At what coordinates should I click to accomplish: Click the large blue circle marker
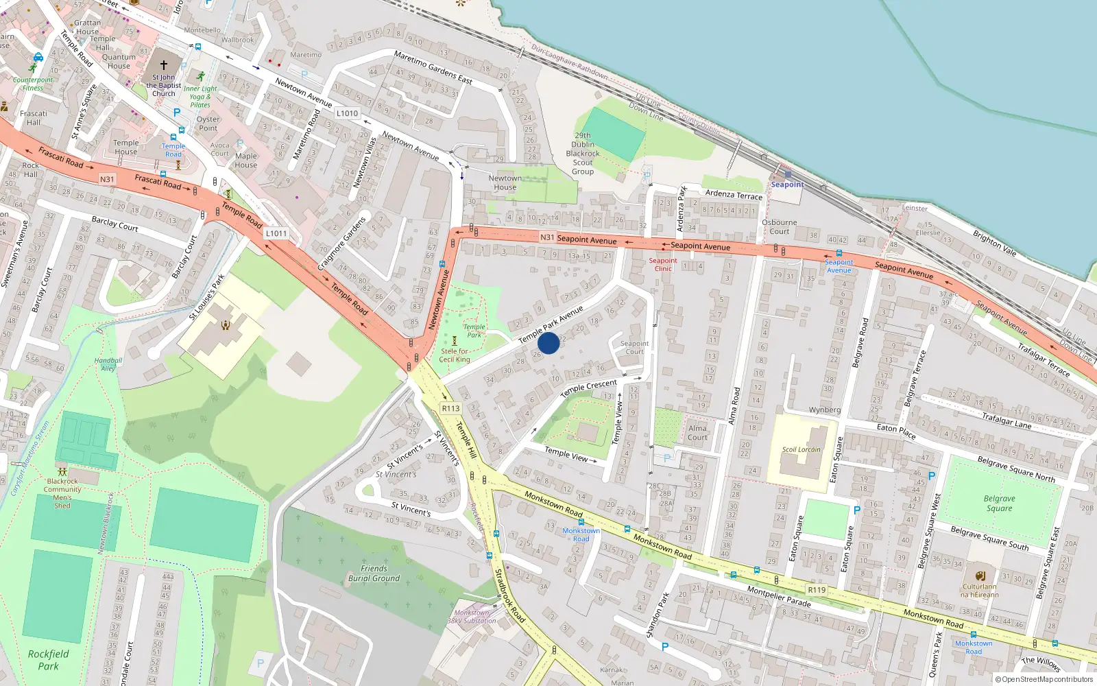[x=548, y=343]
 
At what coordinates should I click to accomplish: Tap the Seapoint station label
[x=786, y=185]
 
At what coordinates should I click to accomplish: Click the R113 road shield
[x=450, y=408]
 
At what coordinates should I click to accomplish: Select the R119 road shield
[x=817, y=590]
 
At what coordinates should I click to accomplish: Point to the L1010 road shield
[x=347, y=113]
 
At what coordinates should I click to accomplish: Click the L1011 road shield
[x=276, y=233]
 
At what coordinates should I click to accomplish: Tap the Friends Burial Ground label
[x=374, y=573]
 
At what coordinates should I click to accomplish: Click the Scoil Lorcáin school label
[x=801, y=450]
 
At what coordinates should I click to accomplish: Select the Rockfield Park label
[x=48, y=660]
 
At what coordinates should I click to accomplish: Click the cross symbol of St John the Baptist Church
[x=164, y=65]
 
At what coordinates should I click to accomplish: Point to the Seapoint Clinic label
[x=663, y=264]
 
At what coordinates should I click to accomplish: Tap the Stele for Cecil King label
[x=455, y=355]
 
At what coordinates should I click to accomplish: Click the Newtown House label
[x=505, y=182]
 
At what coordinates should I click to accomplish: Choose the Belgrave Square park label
[x=999, y=504]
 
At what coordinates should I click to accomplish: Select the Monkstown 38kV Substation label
[x=472, y=617]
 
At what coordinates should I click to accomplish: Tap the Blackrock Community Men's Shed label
[x=62, y=493]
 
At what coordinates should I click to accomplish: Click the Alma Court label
[x=697, y=432]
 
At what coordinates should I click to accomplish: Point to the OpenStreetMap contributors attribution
[x=1044, y=680]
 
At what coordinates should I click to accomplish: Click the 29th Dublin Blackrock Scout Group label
[x=583, y=154]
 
